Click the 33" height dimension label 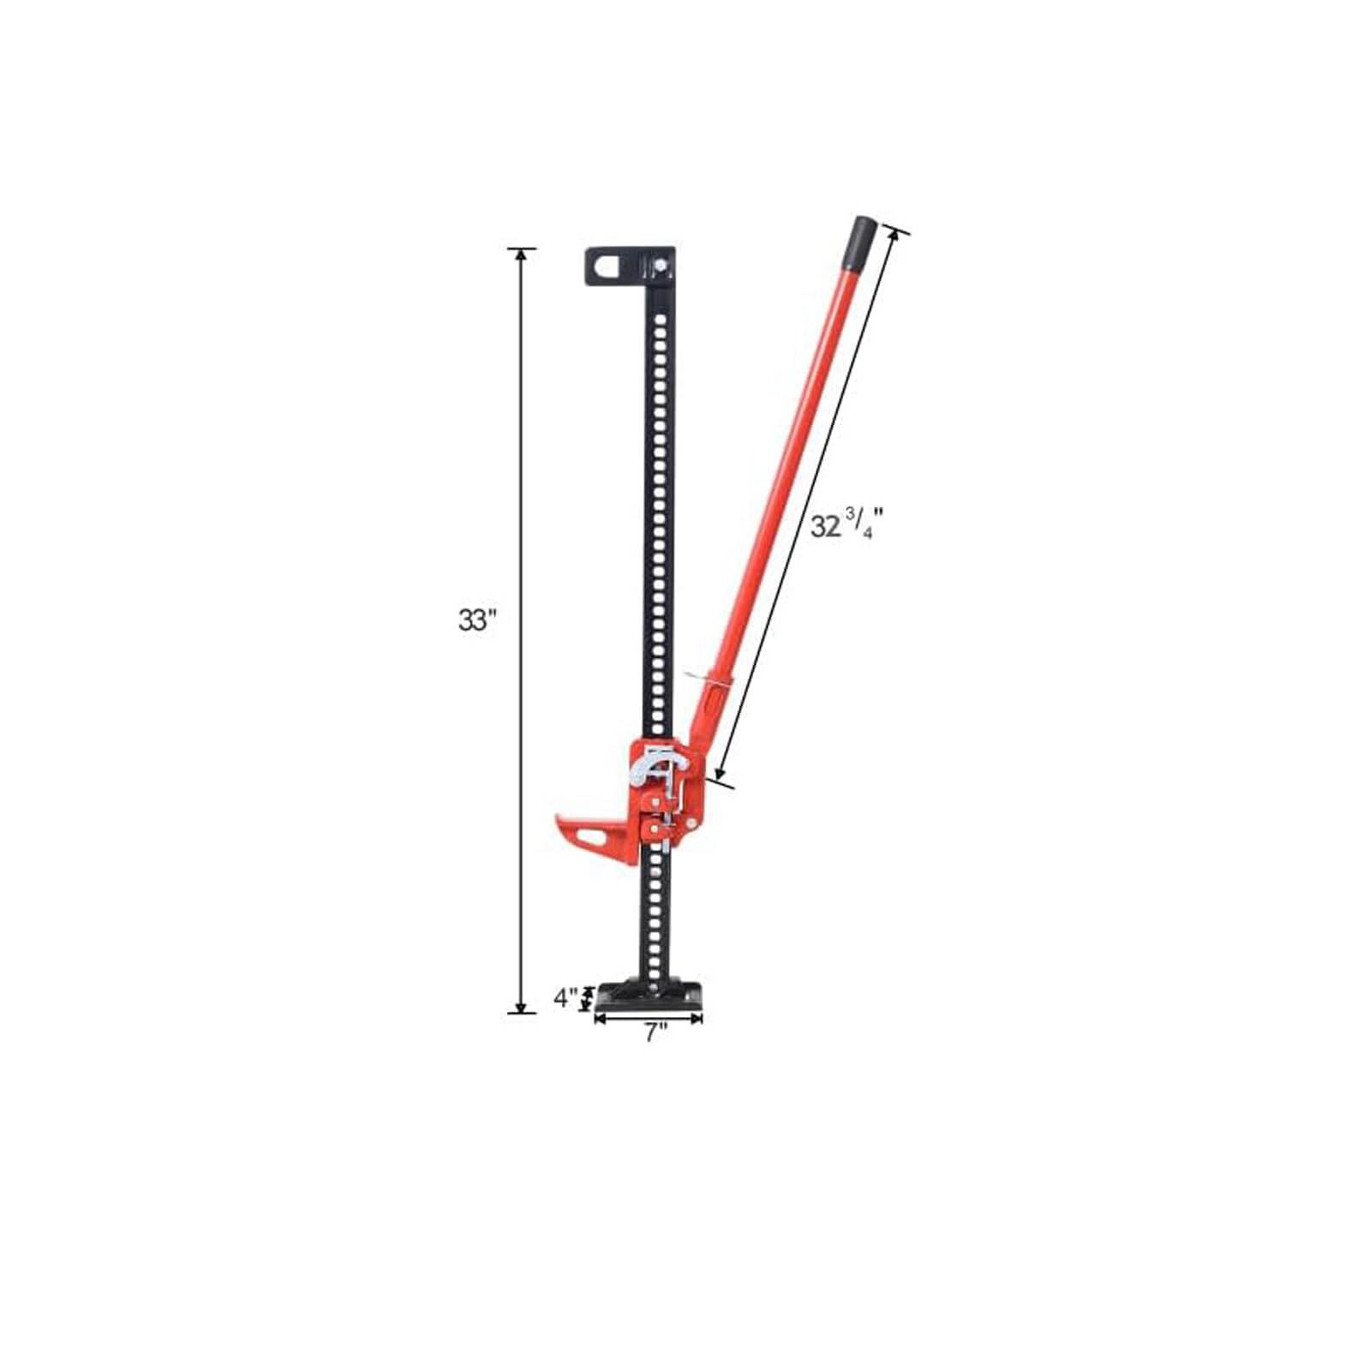(x=477, y=620)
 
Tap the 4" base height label (x=566, y=997)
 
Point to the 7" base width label (x=656, y=1033)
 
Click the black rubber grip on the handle (x=860, y=244)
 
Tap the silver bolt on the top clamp (x=661, y=266)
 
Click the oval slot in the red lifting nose (x=593, y=835)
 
